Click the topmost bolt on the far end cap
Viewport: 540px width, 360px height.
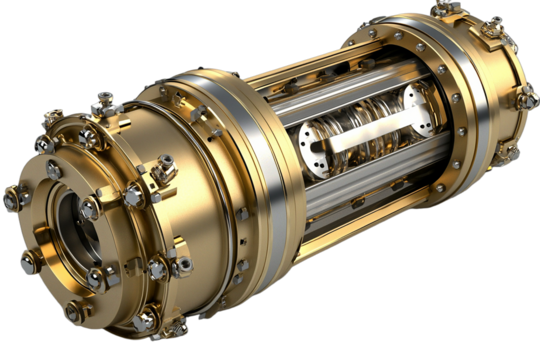[x=441, y=9]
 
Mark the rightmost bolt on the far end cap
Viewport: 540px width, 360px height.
[x=527, y=96]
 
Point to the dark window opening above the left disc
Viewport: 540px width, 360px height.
[x=305, y=110]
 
